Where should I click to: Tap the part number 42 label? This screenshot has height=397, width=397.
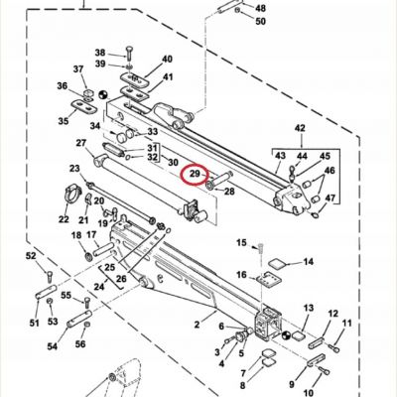tap(300, 128)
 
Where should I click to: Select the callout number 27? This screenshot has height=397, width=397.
tap(80, 143)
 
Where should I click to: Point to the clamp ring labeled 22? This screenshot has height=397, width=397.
tap(72, 195)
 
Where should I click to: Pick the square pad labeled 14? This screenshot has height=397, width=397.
tap(277, 264)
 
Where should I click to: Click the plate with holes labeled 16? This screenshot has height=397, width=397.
tap(269, 278)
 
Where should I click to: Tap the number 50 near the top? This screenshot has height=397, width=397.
tap(260, 22)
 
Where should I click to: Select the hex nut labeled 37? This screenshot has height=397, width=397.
tap(88, 93)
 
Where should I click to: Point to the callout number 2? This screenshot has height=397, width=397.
tap(198, 325)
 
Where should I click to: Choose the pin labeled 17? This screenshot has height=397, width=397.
tap(103, 248)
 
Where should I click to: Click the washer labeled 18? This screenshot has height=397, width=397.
tap(89, 256)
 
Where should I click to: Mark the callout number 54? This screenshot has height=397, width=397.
tap(53, 346)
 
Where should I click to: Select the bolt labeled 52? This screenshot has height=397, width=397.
tap(50, 276)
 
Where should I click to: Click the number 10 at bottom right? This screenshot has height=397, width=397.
tap(308, 393)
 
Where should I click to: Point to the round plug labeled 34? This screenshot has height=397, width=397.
tap(120, 137)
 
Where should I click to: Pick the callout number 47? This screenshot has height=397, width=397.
tap(330, 198)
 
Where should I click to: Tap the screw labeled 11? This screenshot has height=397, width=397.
tap(333, 348)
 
